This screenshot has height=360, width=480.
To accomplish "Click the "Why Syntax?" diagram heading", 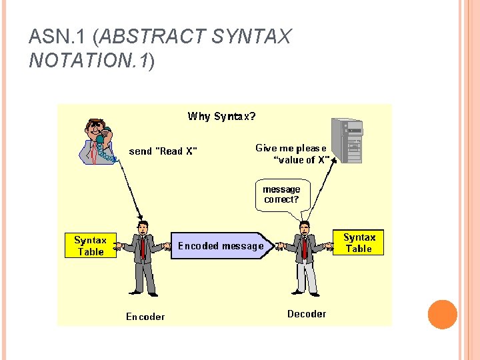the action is click(221, 117).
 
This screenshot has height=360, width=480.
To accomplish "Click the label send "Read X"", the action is click(163, 151).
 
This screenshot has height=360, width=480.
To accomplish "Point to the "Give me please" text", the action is click(291, 148).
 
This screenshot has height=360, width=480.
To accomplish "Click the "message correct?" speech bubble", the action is click(283, 195).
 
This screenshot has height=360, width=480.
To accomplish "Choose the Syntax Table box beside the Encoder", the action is click(90, 245).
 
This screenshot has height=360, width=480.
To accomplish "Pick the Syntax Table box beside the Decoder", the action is click(359, 243).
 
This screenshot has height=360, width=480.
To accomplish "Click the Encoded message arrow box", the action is click(221, 245).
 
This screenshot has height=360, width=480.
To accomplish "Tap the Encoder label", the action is click(145, 316).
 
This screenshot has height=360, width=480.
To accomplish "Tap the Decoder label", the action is click(307, 313).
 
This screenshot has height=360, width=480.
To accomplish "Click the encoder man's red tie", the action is click(143, 247).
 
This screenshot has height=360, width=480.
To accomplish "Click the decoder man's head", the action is click(305, 227).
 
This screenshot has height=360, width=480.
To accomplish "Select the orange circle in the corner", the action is click(442, 314).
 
